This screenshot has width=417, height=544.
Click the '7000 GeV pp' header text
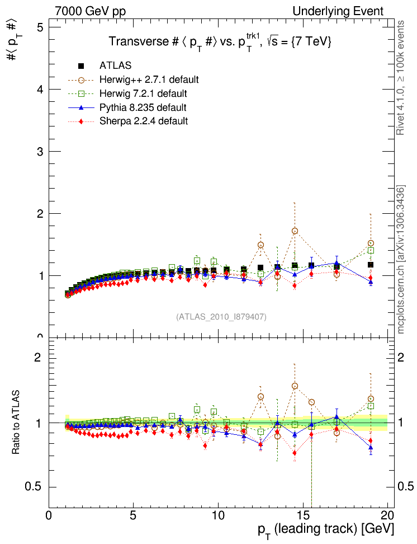click(91, 11)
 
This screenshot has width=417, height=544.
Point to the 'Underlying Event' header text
click(338, 11)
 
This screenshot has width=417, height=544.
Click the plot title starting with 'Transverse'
click(220, 42)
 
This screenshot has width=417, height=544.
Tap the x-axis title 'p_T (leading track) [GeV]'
click(325, 529)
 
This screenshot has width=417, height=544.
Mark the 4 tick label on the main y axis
click(38, 90)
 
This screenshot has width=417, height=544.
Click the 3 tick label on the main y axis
click(38, 152)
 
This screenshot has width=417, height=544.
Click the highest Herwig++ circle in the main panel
click(295, 231)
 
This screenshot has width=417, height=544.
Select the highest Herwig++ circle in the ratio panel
click(295, 386)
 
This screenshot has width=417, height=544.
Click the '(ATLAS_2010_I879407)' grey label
click(221, 317)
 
